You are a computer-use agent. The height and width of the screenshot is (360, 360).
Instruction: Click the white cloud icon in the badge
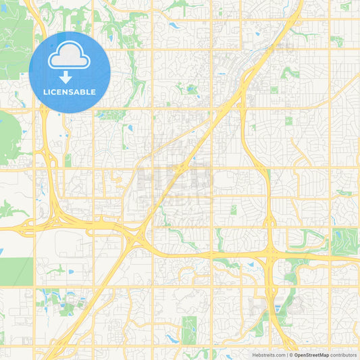[70, 59]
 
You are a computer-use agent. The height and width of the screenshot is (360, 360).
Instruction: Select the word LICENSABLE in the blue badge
[70, 92]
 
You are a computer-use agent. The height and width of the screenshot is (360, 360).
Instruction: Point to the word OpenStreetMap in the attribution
[311, 354]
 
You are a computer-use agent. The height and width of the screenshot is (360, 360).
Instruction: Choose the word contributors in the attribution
[343, 354]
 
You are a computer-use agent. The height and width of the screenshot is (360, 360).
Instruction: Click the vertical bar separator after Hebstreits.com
[286, 354]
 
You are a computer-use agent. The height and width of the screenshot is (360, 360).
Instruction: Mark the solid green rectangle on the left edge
[16, 271]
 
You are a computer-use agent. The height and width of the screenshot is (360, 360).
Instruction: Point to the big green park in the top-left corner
[15, 41]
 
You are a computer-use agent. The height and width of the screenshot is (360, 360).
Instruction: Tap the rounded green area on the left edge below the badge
[10, 138]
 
